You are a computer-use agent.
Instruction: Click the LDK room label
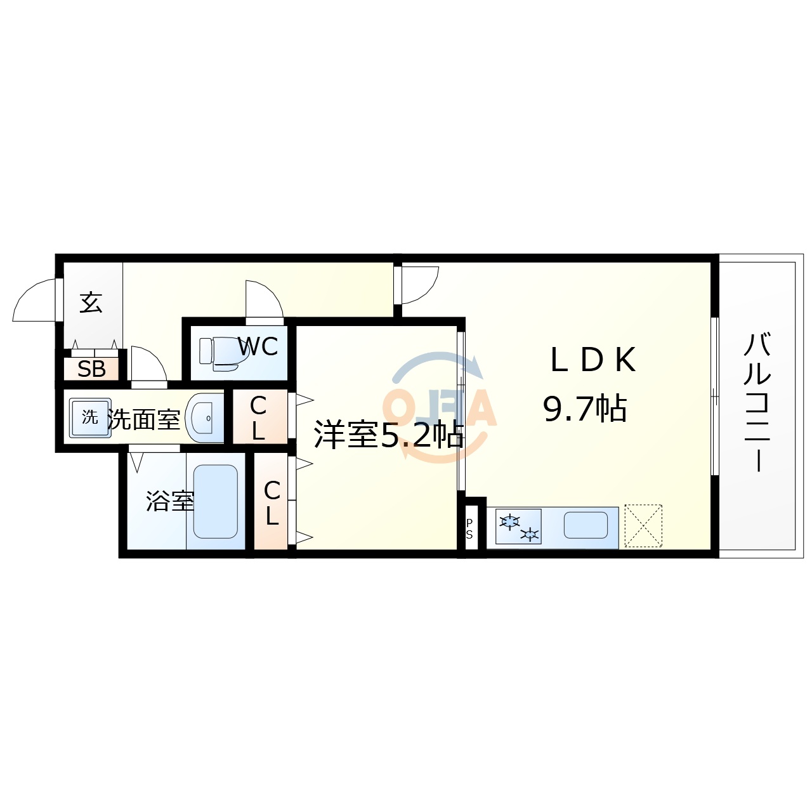pos(593,360)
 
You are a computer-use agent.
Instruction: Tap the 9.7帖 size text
pos(585,409)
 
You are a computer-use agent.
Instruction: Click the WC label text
pos(258,346)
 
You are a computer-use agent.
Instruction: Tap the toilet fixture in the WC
pos(219,353)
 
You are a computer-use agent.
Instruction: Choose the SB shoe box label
pos(91,369)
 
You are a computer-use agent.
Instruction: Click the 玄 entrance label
pos(91,303)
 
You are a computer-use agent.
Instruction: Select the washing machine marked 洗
pos(90,417)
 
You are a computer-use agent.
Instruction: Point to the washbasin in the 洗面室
pos(204,418)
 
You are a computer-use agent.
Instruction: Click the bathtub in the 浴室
pos(215,501)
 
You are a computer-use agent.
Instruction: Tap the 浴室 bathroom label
pos(169,501)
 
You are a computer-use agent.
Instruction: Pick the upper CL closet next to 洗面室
pos(258,417)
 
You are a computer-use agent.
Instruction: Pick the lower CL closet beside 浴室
pos(272,502)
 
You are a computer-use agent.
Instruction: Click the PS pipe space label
pos(469,529)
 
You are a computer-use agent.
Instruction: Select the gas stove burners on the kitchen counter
pos(518,527)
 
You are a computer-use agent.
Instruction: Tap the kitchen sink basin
pos(585,525)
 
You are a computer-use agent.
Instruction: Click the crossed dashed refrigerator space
pos(643,526)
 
